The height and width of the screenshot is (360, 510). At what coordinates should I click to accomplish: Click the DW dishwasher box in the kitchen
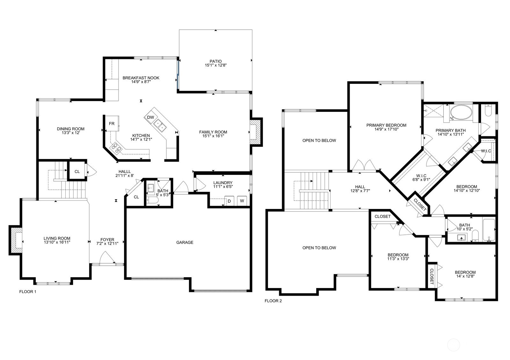150,117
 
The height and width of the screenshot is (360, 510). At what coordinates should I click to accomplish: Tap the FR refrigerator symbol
112,124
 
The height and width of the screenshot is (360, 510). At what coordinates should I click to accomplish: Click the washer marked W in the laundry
242,201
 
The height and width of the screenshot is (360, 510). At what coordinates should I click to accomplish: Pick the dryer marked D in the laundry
229,201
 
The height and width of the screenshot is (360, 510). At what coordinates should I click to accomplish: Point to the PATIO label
215,61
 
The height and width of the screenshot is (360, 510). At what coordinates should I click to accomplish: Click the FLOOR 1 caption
28,292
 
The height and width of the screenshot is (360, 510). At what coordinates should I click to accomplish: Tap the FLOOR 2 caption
273,301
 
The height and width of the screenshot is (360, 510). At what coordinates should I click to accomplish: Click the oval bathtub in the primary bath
461,113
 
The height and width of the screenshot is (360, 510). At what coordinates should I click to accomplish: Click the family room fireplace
255,132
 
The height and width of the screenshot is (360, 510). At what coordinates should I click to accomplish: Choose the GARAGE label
185,242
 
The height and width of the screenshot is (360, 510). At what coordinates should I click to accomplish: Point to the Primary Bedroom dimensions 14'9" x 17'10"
386,129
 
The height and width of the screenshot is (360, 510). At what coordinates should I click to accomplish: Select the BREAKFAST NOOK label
141,78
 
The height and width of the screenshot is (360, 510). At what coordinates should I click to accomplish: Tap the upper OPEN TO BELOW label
319,140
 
